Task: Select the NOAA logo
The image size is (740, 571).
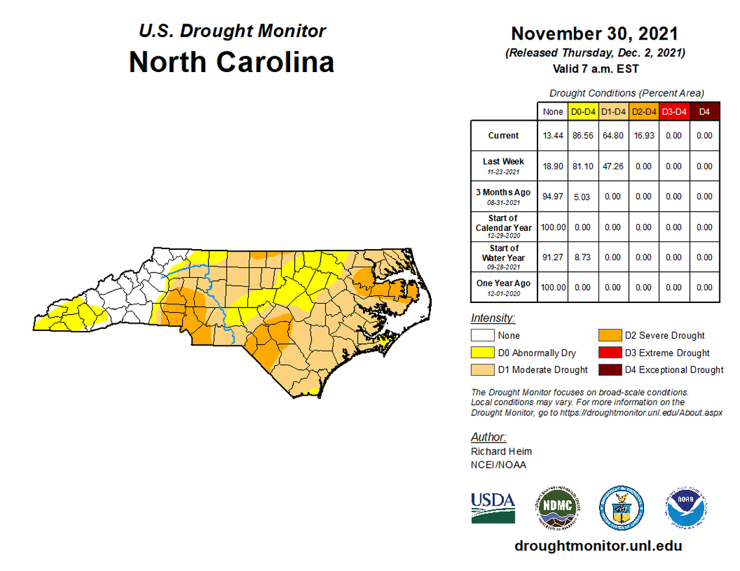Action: [685, 507]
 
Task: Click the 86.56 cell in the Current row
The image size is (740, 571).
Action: [583, 136]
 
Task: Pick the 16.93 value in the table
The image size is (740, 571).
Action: [643, 136]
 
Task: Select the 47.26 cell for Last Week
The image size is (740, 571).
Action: [613, 166]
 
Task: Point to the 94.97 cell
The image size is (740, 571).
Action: [552, 197]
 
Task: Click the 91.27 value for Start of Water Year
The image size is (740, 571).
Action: [552, 258]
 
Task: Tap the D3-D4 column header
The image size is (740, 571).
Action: [674, 112]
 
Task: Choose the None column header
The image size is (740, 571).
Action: [552, 112]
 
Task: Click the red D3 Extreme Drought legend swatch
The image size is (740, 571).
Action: [609, 353]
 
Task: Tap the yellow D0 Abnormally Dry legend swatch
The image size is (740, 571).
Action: [482, 353]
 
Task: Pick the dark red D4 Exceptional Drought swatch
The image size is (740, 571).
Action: [609, 370]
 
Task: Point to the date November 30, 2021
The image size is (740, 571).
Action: [595, 33]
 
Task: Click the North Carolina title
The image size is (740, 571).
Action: [232, 62]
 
